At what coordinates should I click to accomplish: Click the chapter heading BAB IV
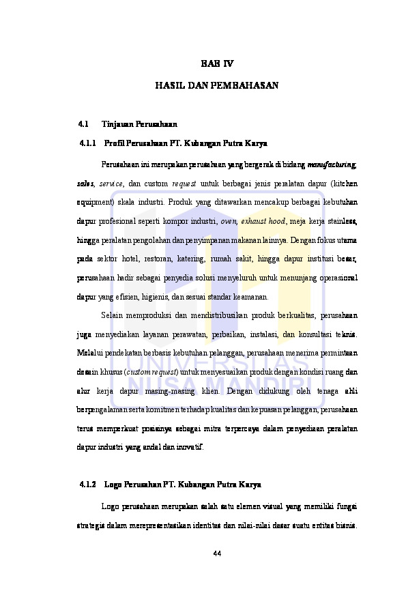216,63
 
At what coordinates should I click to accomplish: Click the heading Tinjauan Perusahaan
139,124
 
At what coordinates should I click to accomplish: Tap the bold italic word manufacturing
332,164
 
